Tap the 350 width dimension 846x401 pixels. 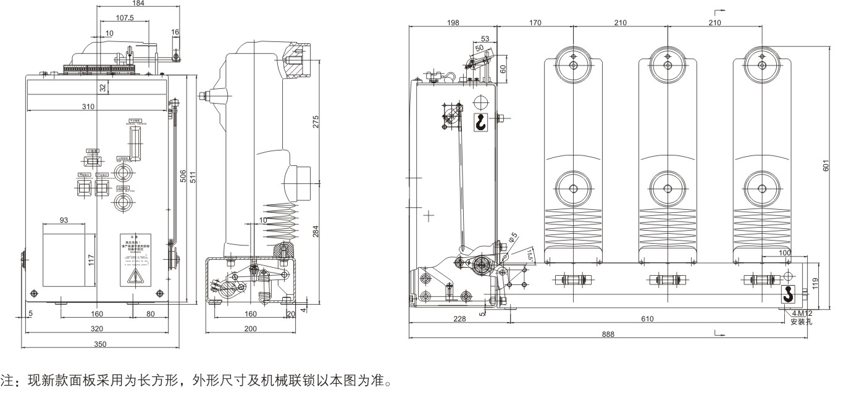pos(99,344)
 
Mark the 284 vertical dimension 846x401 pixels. pos(316,232)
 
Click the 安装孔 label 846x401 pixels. pos(802,321)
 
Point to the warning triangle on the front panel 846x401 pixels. pos(133,279)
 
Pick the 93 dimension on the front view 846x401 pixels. pos(64,220)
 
